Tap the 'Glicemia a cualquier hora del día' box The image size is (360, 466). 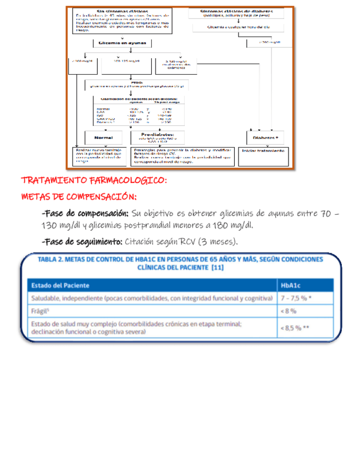[x=237, y=26]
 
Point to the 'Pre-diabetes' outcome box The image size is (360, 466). [x=157, y=137]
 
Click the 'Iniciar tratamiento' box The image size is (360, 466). [x=263, y=151]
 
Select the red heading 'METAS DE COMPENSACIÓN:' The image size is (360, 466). [x=79, y=197]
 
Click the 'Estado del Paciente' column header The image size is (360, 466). [x=60, y=285]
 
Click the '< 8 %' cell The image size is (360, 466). [x=289, y=310]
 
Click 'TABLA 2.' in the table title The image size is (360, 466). [x=51, y=259]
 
